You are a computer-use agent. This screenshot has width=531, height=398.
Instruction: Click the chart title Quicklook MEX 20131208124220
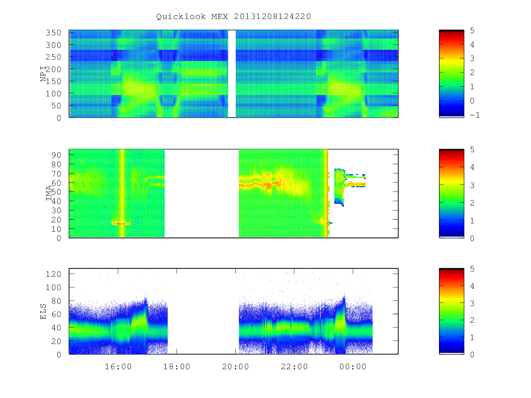point(233,16)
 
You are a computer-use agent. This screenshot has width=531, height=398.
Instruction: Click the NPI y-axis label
point(43,74)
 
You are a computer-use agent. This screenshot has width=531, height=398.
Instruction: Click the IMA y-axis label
point(49,193)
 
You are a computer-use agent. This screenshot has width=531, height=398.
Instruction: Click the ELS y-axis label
point(43,312)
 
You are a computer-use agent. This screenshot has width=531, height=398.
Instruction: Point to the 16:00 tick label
point(118,367)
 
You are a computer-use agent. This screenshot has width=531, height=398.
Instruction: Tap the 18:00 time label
point(177,367)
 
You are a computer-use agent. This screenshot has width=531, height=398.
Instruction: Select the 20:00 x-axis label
point(235,367)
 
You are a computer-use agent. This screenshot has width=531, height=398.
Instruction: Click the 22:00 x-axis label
point(294,367)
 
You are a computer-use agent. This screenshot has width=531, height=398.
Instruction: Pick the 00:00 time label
point(353,367)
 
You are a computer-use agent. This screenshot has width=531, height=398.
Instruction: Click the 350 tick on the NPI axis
point(53,33)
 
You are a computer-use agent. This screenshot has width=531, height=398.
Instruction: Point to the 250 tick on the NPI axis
point(53,57)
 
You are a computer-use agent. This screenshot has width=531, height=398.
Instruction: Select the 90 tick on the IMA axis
point(56,155)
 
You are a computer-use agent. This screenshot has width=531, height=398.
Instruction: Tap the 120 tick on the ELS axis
point(53,274)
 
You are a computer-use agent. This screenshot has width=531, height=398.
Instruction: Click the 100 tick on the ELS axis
point(53,287)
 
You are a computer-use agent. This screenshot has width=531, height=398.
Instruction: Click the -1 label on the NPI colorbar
point(475,115)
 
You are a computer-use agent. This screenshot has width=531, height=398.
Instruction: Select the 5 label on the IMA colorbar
point(472,149)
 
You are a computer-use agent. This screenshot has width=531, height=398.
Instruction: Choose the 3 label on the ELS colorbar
point(472,303)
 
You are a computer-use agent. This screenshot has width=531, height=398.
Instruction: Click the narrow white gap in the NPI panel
point(232,73)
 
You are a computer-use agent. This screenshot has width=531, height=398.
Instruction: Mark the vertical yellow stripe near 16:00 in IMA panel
point(122,193)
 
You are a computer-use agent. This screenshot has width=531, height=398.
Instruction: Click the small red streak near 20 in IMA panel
point(121,223)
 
